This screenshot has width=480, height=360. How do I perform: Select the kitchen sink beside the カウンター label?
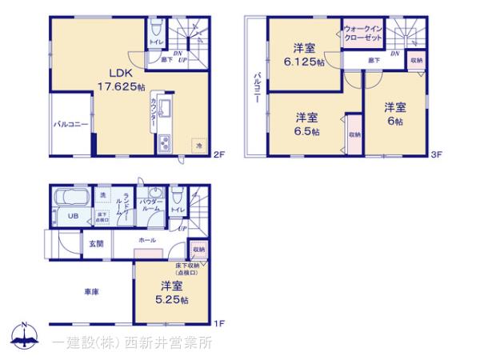[164, 110]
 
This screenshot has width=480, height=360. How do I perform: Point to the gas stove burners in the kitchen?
[164, 145]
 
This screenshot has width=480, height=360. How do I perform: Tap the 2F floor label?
[218, 155]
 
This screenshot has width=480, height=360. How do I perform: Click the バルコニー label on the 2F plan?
[70, 125]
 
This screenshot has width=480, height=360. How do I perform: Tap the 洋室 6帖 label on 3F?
[393, 112]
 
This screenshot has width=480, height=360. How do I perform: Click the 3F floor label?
[437, 154]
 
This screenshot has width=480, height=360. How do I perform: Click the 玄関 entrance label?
[96, 243]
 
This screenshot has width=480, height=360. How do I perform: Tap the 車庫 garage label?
[90, 293]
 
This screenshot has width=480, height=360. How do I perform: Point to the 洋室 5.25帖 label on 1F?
[172, 292]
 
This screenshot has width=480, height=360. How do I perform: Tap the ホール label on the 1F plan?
[147, 240]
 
